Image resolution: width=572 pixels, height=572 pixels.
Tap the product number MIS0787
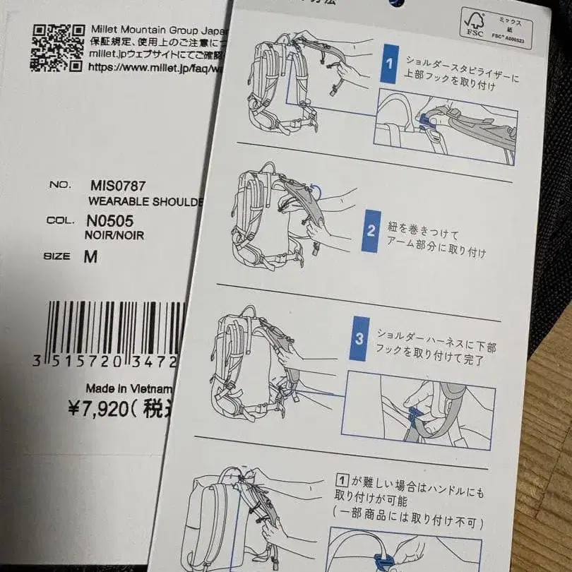coord(118,186)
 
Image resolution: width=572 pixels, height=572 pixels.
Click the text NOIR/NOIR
coord(114,235)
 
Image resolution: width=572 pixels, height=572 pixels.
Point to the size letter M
coord(90,257)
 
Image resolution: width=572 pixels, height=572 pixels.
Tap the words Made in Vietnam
coord(129,388)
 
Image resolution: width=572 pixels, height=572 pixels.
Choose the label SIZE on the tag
coord(56,257)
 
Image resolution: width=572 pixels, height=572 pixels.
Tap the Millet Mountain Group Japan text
coord(159,30)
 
